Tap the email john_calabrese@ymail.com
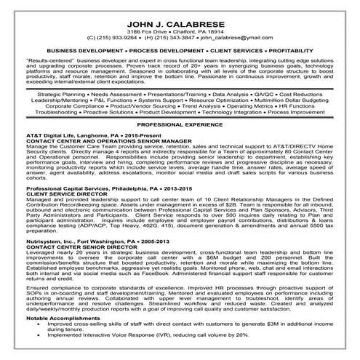(x=241, y=36)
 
